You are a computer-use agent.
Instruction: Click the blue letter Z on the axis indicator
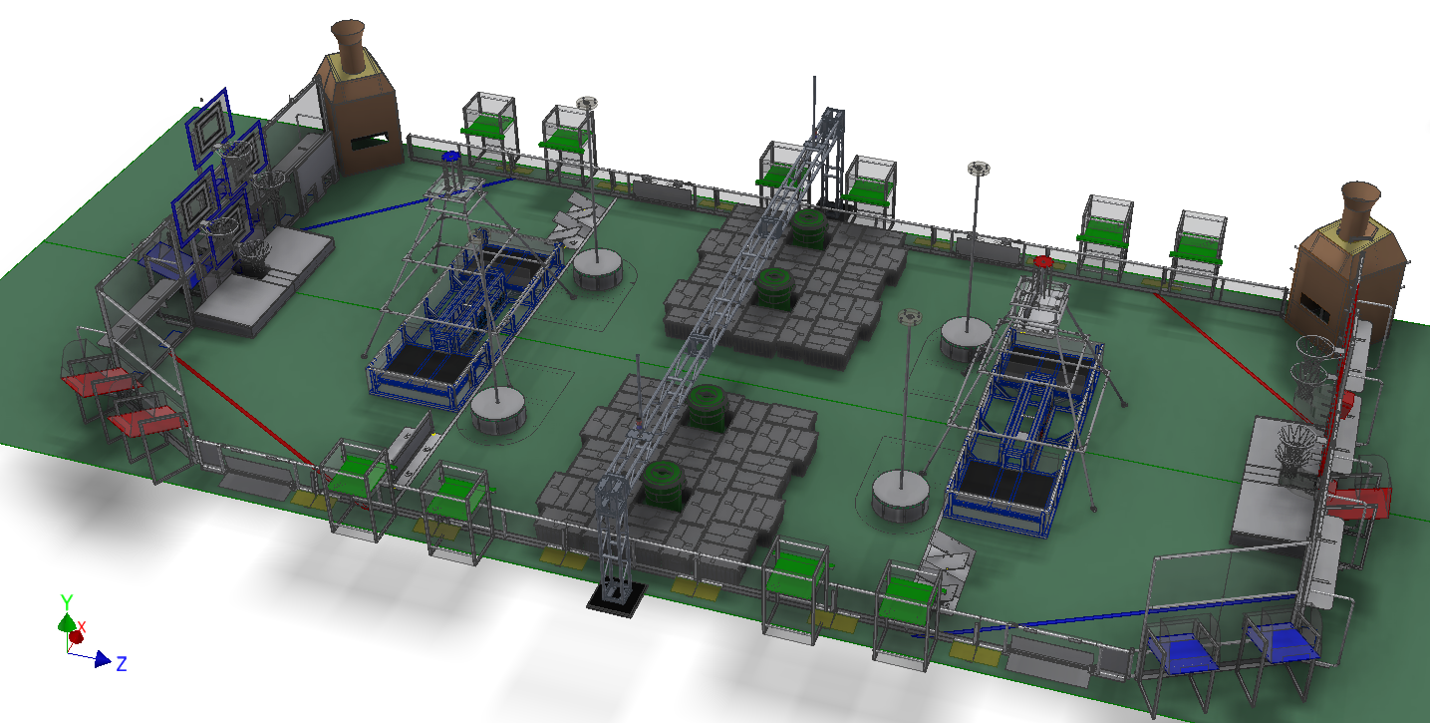pos(122,663)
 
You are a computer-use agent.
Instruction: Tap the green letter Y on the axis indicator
pos(67,601)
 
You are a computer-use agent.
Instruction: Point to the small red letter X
pos(82,626)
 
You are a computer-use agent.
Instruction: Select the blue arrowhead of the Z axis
pos(103,659)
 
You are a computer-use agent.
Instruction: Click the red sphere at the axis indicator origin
pos(77,637)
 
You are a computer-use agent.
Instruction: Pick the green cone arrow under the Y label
pos(67,622)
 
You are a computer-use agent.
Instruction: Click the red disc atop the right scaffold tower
pos(1042,261)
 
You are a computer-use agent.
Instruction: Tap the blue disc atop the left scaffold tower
pos(450,156)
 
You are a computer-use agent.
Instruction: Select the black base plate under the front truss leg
pos(616,600)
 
